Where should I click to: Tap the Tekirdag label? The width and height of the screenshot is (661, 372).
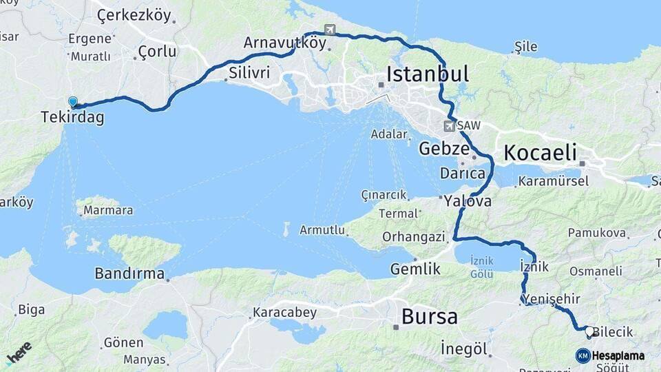tap(72, 118)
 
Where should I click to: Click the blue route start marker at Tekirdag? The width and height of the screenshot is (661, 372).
tap(73, 102)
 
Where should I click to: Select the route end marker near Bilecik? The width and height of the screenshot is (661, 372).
tap(589, 332)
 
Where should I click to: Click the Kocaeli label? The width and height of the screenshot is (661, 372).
tap(540, 153)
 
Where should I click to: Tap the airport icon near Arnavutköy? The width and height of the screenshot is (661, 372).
tap(330, 30)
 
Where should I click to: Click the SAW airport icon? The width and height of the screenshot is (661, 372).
tap(449, 126)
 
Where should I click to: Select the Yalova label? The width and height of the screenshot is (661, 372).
tap(468, 202)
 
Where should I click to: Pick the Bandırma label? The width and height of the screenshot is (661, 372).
tap(129, 273)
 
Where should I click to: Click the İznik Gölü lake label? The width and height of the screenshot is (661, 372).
tap(481, 267)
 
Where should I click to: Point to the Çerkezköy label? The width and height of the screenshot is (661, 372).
tap(134, 14)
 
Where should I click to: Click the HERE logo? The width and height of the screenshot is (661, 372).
tap(19, 353)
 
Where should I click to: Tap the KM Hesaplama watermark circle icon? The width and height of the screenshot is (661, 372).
tap(583, 355)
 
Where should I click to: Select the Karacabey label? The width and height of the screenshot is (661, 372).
tap(284, 313)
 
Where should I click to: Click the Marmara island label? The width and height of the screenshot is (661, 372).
tap(107, 210)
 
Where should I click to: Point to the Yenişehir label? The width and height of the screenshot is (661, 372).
tap(551, 299)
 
